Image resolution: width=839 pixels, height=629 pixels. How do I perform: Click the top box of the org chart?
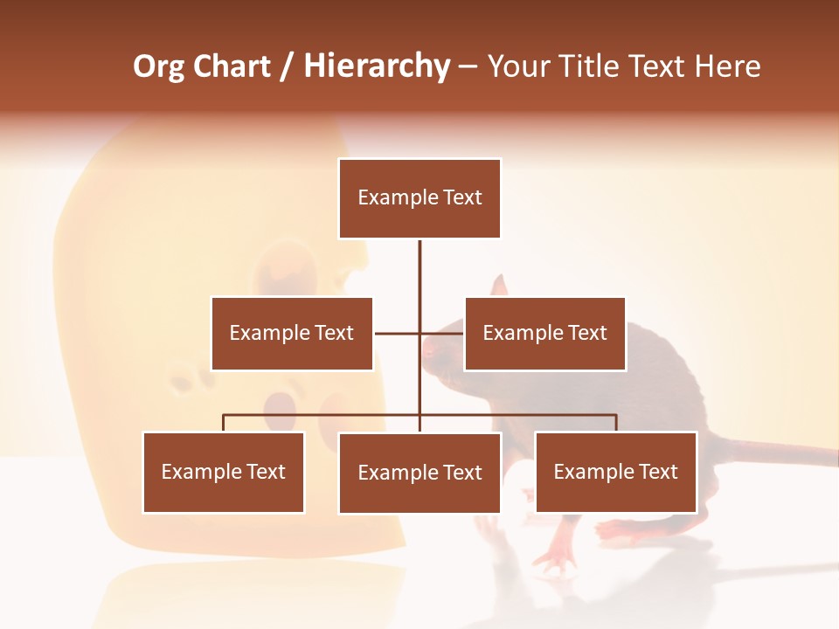[x=419, y=198]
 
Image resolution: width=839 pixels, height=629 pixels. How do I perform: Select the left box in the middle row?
[x=292, y=334]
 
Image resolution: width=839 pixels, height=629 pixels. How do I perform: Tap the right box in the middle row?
[x=544, y=334]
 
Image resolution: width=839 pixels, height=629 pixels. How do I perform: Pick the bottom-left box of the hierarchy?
[x=224, y=473]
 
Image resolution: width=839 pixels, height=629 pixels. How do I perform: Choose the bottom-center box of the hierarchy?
[x=419, y=473]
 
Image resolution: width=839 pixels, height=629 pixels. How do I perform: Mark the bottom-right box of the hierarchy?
[x=616, y=473]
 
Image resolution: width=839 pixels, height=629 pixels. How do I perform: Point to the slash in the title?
[x=287, y=66]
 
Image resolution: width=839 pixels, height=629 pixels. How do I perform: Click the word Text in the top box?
[x=461, y=198]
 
